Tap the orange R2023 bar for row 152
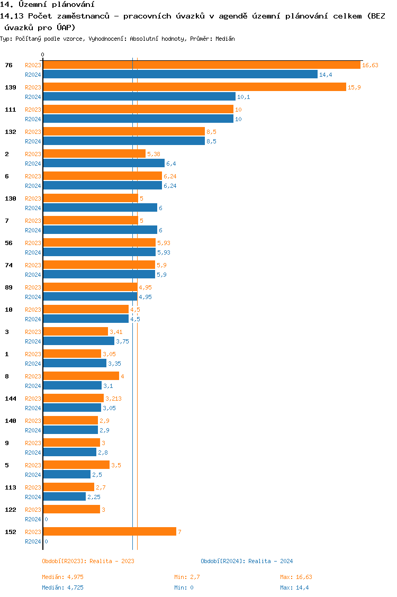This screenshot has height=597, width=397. pyautogui.click(x=110, y=531)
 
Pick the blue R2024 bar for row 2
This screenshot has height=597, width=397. pyautogui.click(x=104, y=163)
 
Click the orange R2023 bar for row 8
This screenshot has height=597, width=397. pyautogui.click(x=81, y=376)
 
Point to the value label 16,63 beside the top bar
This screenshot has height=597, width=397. pyautogui.click(x=370, y=65)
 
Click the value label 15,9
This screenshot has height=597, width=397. pyautogui.click(x=354, y=87)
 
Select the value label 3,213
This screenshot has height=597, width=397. pyautogui.click(x=114, y=399)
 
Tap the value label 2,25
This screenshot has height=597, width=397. pyautogui.click(x=94, y=497)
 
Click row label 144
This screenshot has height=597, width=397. pyautogui.click(x=10, y=398)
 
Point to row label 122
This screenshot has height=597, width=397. pyautogui.click(x=10, y=509)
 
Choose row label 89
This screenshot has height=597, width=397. pyautogui.click(x=8, y=287)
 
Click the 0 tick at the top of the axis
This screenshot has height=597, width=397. pyautogui.click(x=43, y=55)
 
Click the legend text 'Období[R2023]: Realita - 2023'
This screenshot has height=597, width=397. pyautogui.click(x=88, y=561)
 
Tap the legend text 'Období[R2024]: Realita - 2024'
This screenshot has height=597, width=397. pyautogui.click(x=247, y=561)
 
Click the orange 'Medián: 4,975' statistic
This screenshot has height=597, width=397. pyautogui.click(x=62, y=577)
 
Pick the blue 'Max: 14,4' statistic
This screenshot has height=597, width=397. pyautogui.click(x=294, y=587)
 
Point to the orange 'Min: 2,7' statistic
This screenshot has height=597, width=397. pyautogui.click(x=187, y=577)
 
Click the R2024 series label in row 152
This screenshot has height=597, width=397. pyautogui.click(x=33, y=541)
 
